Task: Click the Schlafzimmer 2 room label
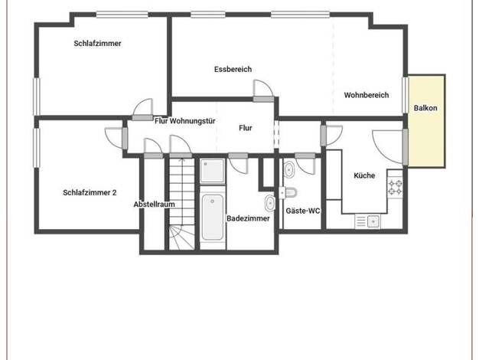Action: point(90,193)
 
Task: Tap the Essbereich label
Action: point(233,70)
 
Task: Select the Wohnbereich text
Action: point(367,95)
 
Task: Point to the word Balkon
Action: point(425,108)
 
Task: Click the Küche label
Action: point(364,175)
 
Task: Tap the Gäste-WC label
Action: point(303,211)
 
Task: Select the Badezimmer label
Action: point(248,218)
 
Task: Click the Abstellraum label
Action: point(155,205)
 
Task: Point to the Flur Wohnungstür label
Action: point(185,121)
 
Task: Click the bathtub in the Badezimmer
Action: point(213,218)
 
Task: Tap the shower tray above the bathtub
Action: point(213,171)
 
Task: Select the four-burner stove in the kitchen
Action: point(395,188)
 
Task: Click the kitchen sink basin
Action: point(373,221)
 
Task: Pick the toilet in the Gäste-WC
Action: point(289,193)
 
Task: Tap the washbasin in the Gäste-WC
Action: point(289,170)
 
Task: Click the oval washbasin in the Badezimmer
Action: point(270,203)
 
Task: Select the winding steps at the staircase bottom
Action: point(182,237)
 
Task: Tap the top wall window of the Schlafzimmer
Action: point(122,15)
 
